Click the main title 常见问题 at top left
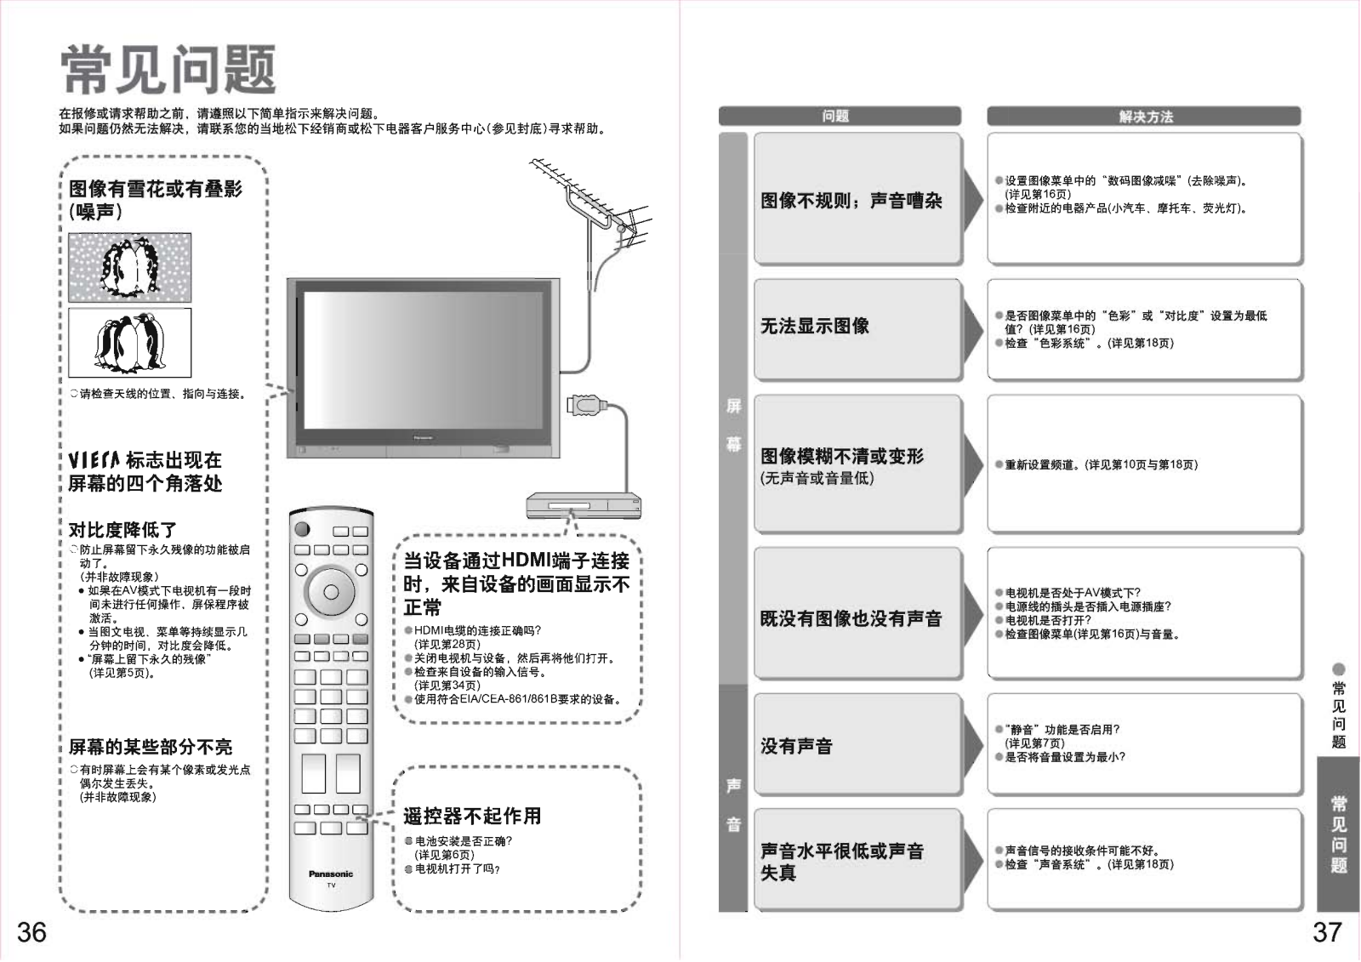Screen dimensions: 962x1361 tap(168, 70)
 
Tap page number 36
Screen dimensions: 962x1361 tap(31, 932)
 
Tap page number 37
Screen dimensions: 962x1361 tap(1327, 932)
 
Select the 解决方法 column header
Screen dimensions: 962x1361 tap(1144, 117)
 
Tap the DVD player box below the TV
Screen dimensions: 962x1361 tap(584, 506)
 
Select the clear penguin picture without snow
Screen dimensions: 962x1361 tap(129, 342)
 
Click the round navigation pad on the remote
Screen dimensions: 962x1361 tap(331, 592)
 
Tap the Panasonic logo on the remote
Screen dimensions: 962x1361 tap(331, 874)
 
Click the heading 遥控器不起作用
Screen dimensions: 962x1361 tap(472, 817)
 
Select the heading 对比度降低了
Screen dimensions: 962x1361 tap(122, 530)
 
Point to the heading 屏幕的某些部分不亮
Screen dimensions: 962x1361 tap(150, 747)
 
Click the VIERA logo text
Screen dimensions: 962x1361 tap(94, 460)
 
